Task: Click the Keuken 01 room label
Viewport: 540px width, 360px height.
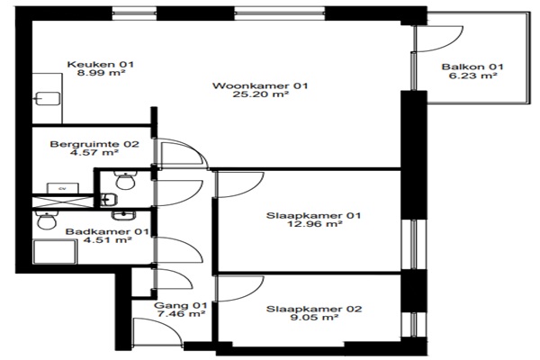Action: click(x=101, y=64)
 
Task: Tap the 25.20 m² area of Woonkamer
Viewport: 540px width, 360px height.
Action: click(x=260, y=94)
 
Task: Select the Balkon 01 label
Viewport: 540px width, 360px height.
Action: click(x=472, y=67)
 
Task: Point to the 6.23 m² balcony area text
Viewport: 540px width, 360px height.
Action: click(x=472, y=75)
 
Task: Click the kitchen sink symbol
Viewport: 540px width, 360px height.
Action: click(x=48, y=98)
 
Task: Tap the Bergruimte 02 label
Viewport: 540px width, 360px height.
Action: click(x=94, y=144)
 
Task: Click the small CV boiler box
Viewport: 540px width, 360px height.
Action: click(x=63, y=188)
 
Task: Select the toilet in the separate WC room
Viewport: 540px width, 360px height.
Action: click(x=125, y=180)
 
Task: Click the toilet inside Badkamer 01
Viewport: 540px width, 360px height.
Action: click(x=47, y=220)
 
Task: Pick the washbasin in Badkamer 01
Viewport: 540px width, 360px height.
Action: click(x=123, y=216)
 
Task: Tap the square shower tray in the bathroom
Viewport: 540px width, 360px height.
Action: click(x=54, y=252)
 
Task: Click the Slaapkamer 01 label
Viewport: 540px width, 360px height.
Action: click(x=314, y=216)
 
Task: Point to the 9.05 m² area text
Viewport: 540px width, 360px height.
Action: click(x=314, y=318)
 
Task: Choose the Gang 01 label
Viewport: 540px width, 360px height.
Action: click(x=181, y=305)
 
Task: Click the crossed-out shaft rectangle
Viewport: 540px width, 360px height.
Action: click(x=63, y=202)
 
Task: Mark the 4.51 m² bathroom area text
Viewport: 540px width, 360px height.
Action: click(x=107, y=239)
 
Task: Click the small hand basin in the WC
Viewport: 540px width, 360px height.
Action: click(x=109, y=200)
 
